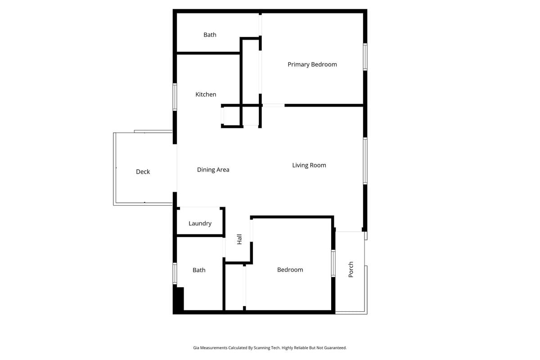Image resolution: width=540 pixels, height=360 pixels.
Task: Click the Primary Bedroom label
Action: (x=312, y=64)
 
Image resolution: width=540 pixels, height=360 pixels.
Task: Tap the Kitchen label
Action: (x=206, y=94)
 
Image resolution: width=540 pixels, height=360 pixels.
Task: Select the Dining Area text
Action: (x=213, y=170)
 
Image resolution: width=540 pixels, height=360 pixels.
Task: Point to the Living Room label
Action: (x=309, y=165)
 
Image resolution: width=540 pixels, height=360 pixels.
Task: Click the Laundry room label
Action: (x=200, y=223)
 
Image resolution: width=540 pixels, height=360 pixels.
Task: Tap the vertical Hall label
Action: (x=239, y=239)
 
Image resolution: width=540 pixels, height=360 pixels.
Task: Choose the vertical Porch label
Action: (x=351, y=269)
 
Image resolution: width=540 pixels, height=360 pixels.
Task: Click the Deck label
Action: (x=143, y=171)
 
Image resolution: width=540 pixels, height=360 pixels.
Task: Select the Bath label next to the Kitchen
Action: (x=210, y=35)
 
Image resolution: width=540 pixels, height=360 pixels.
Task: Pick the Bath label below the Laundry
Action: (x=199, y=270)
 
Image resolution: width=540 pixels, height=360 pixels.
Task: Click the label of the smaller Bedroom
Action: (x=290, y=270)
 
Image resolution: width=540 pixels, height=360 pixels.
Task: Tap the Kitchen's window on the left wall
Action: (x=175, y=97)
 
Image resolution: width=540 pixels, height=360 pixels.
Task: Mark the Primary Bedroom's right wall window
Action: (x=365, y=57)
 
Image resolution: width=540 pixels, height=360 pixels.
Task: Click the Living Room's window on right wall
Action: (x=365, y=161)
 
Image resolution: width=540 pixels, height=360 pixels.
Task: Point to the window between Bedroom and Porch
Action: (x=333, y=263)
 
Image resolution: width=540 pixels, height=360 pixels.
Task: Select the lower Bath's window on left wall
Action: (x=175, y=273)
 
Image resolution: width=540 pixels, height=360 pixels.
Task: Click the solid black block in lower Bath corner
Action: (x=179, y=299)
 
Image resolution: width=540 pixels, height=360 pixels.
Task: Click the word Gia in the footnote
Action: (x=196, y=348)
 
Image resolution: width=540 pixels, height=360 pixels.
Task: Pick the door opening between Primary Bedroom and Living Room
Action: (x=274, y=105)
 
